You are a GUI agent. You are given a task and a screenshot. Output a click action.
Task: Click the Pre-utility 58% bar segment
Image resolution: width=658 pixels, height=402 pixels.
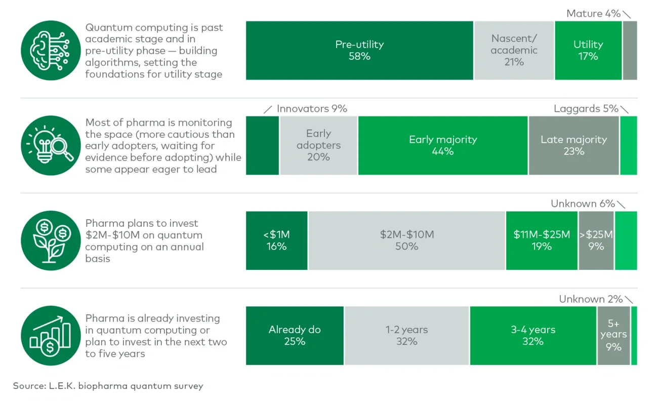pos(359,51)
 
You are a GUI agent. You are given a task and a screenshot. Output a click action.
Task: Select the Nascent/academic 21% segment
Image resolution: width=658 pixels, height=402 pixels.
pos(514,51)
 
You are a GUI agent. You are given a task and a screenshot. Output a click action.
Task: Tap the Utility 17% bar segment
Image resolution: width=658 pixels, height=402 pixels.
pos(588,51)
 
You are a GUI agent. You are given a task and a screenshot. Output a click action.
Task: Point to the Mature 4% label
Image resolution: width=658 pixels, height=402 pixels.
pos(593,14)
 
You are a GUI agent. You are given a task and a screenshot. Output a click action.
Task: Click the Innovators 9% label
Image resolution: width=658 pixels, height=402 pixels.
pos(312,109)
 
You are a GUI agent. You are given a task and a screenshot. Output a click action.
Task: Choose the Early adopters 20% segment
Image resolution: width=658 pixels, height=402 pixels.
pos(318,145)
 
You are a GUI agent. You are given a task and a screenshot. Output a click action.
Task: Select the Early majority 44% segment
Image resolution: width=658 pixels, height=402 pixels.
pos(443,145)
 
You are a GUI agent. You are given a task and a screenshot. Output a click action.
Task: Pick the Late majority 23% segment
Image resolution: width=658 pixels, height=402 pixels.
pos(573,145)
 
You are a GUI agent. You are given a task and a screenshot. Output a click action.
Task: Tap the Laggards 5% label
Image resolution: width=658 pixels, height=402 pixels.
pos(586,109)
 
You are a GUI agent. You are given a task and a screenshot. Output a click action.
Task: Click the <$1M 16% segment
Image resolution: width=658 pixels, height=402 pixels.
pos(277,240)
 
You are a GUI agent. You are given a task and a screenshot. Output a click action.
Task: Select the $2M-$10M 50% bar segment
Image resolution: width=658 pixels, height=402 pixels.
pos(407,240)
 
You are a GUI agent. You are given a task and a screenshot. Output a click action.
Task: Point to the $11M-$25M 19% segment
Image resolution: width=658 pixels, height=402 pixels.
pos(542,240)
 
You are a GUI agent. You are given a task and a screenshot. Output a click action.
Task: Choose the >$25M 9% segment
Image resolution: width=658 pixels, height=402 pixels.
pos(596,240)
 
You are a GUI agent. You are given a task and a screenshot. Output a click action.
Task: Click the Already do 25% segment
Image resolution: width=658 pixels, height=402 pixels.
pos(295,336)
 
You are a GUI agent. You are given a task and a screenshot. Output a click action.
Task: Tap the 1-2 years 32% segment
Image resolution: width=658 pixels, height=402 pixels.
pos(407,336)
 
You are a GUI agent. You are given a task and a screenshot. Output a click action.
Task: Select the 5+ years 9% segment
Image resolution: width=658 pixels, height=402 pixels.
pos(613,336)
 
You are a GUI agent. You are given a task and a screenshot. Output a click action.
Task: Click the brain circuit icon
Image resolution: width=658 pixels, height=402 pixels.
pos(51,50)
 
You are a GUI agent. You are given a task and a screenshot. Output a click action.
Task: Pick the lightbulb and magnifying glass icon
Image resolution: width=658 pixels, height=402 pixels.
pos(51,145)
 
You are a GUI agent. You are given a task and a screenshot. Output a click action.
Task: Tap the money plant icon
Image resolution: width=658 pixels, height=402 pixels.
pos(51,240)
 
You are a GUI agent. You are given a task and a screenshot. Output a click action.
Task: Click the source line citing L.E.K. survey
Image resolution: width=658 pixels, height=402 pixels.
pos(108,386)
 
